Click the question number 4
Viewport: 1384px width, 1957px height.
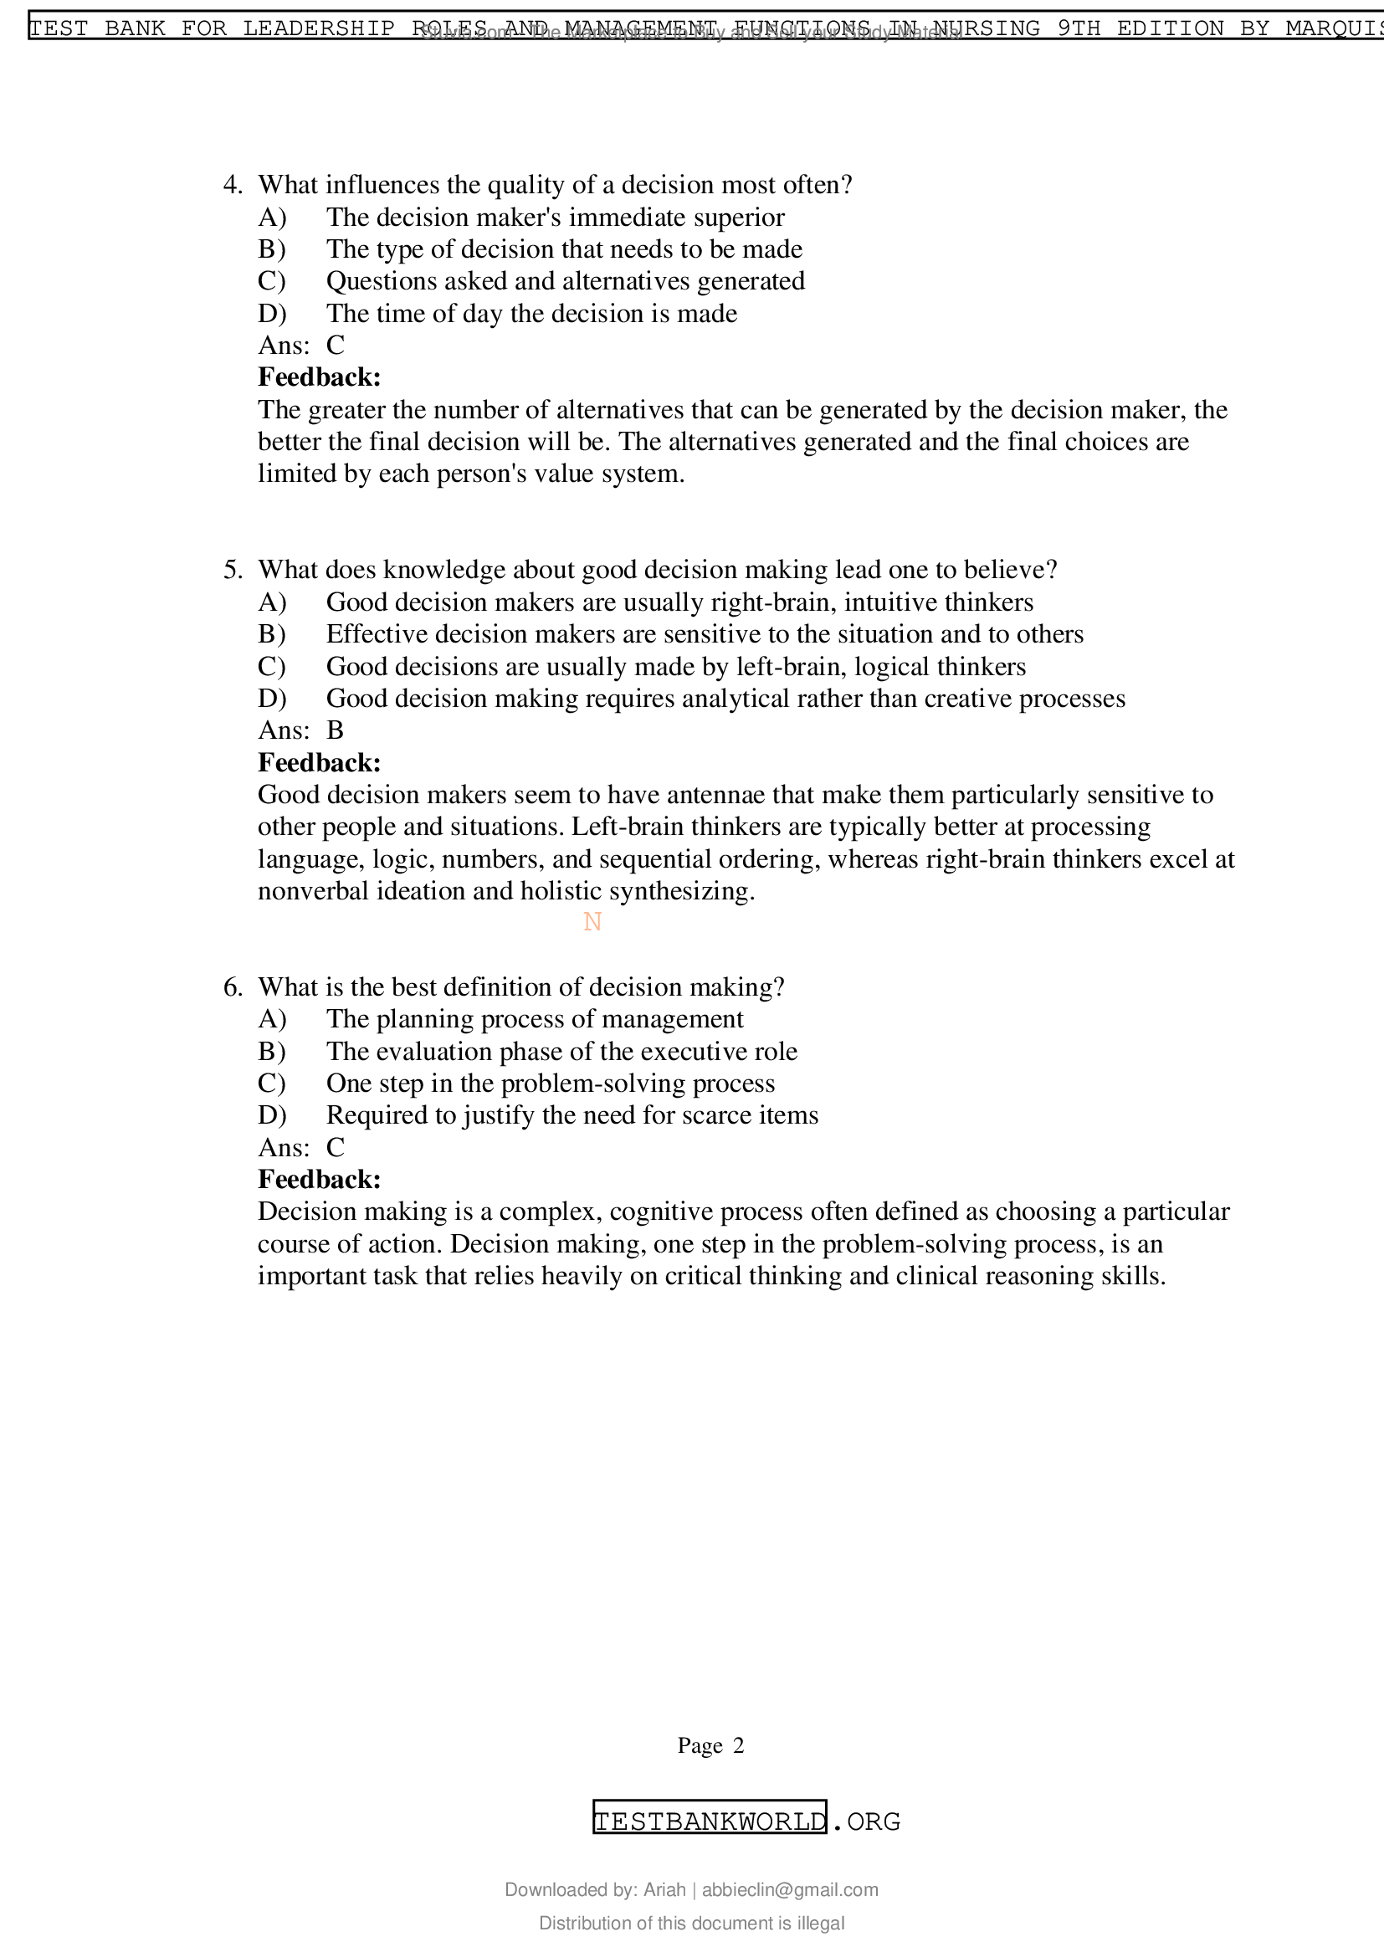[232, 185]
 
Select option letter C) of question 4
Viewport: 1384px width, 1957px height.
[271, 281]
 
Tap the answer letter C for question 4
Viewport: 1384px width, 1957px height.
[335, 346]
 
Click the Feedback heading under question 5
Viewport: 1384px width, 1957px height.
[319, 762]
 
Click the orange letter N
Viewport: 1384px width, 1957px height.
[592, 921]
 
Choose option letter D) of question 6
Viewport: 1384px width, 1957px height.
[271, 1116]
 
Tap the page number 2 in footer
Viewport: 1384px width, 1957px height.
[738, 1745]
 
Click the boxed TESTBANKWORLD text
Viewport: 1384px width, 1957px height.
[709, 1821]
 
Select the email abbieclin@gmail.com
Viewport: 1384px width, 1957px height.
[789, 1890]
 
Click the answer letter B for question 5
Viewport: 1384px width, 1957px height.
[335, 730]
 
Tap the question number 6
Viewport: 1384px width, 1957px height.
[232, 987]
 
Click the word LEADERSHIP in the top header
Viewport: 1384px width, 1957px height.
[318, 28]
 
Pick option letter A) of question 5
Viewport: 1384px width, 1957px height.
[271, 602]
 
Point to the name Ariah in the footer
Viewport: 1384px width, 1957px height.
[664, 1890]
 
